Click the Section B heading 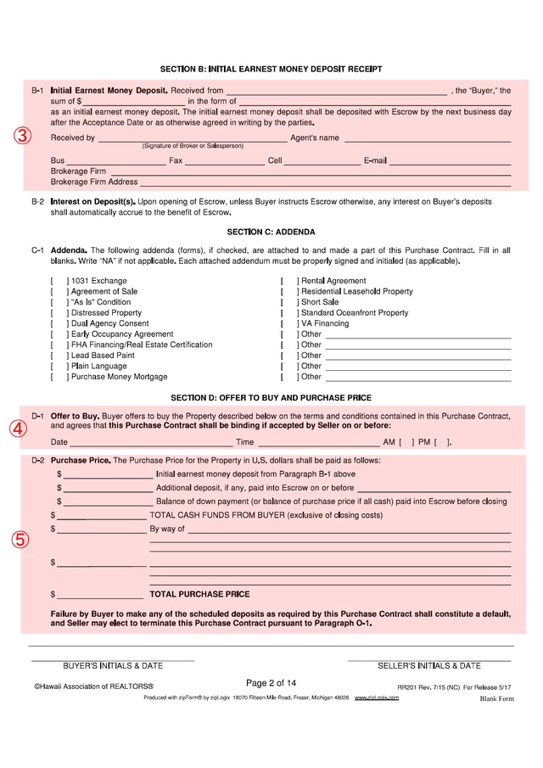pyautogui.click(x=271, y=69)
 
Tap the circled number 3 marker pyautogui.click(x=23, y=136)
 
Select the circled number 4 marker pyautogui.click(x=19, y=429)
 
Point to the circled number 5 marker pyautogui.click(x=20, y=540)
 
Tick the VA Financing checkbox pyautogui.click(x=289, y=323)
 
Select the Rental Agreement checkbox pyautogui.click(x=289, y=281)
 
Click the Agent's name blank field pyautogui.click(x=427, y=137)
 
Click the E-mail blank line pyautogui.click(x=450, y=160)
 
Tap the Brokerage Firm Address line pyautogui.click(x=325, y=182)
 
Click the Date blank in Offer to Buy pyautogui.click(x=150, y=442)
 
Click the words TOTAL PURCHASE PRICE pyautogui.click(x=199, y=594)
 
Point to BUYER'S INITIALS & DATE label pyautogui.click(x=113, y=666)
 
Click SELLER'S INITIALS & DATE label pyautogui.click(x=428, y=666)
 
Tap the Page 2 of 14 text pyautogui.click(x=271, y=683)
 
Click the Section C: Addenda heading pyautogui.click(x=271, y=232)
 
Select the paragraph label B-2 pyautogui.click(x=37, y=202)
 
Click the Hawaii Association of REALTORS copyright pyautogui.click(x=93, y=686)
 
